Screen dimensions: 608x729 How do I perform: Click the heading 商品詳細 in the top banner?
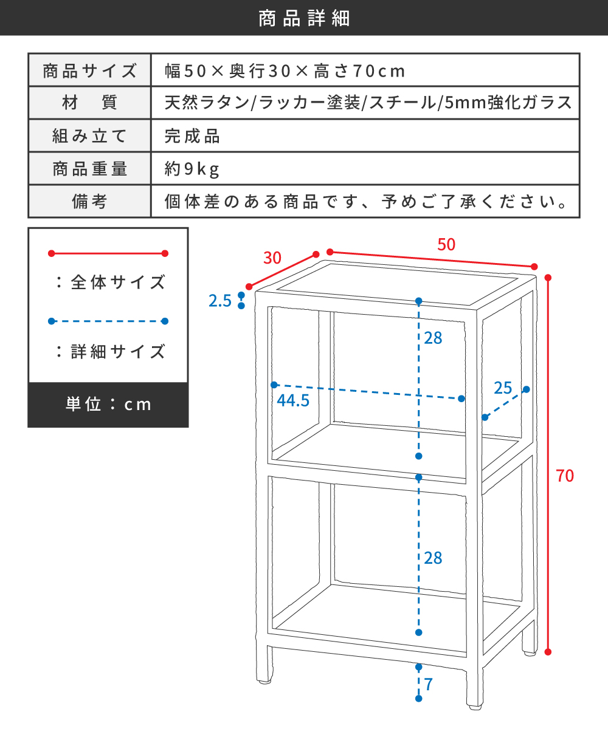click(304, 18)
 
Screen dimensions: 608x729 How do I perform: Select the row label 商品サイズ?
click(90, 71)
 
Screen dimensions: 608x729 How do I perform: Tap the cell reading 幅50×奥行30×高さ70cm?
click(285, 71)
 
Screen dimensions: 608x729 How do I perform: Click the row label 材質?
click(90, 103)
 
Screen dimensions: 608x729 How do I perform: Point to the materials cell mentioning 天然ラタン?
click(368, 103)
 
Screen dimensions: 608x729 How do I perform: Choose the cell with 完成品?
click(192, 136)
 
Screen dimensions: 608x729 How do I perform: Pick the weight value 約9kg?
click(192, 169)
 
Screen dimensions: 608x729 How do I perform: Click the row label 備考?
click(89, 202)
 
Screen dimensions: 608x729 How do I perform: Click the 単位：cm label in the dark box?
click(108, 405)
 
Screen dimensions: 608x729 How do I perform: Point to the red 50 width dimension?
click(446, 244)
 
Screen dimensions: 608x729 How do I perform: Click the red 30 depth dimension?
click(272, 258)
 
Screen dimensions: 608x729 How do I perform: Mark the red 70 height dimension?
click(565, 476)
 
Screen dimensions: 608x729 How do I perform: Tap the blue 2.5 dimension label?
click(219, 301)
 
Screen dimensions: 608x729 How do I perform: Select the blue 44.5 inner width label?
click(293, 400)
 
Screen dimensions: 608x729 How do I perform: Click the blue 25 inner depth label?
click(503, 388)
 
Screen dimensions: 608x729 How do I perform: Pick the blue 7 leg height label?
click(429, 684)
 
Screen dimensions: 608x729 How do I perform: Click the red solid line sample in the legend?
click(108, 253)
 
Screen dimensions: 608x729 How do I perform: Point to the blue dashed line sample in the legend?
click(108, 321)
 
